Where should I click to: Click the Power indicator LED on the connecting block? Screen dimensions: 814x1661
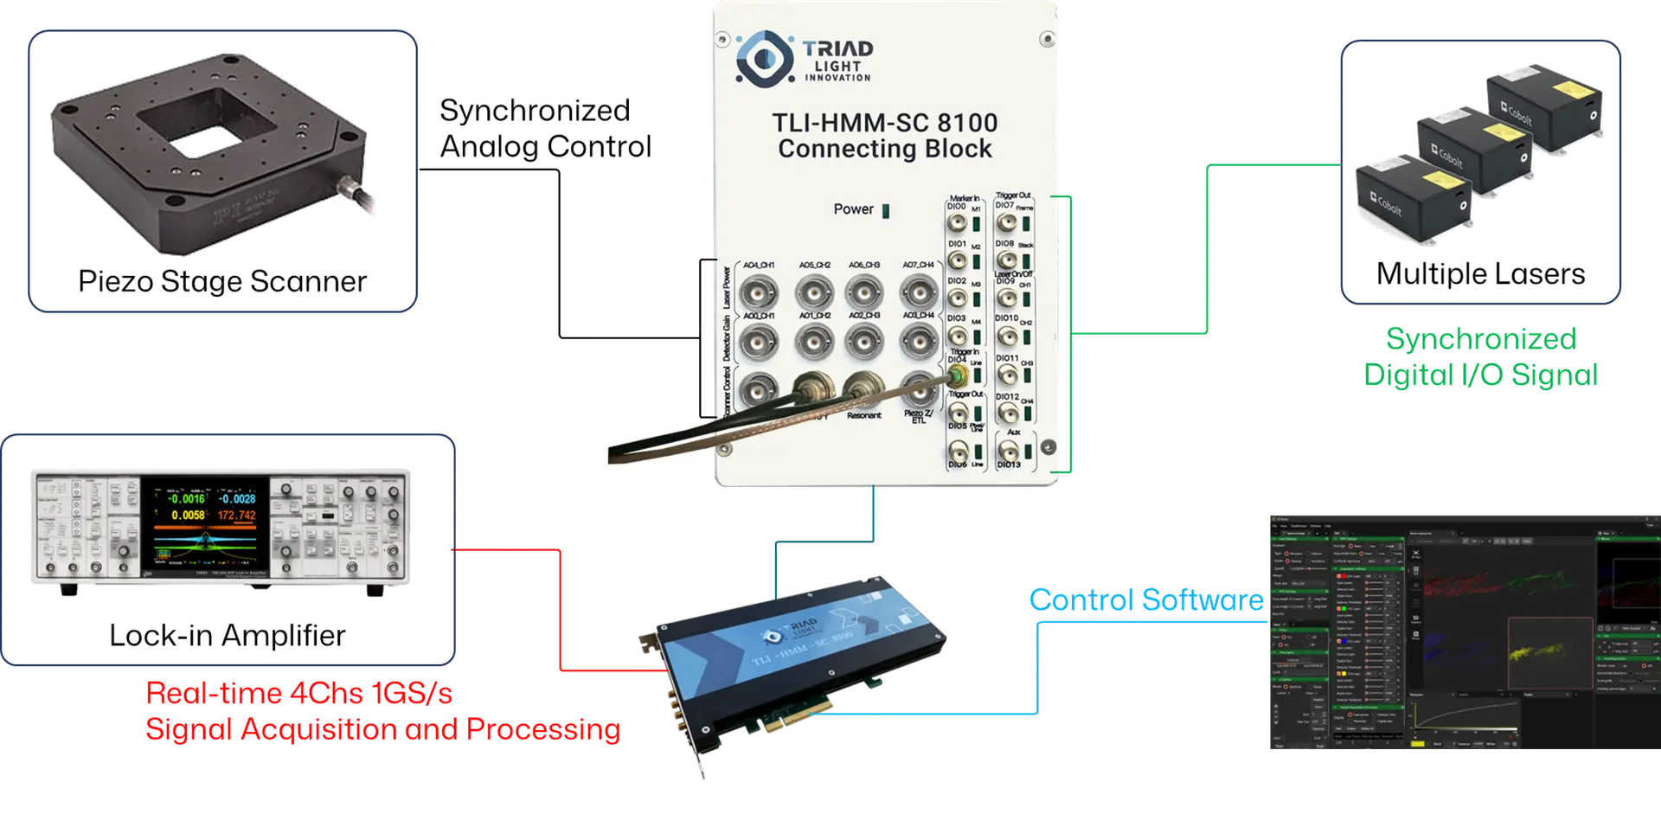click(885, 210)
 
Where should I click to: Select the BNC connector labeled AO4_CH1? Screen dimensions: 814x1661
click(758, 292)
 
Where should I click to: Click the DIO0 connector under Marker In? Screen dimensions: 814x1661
click(957, 222)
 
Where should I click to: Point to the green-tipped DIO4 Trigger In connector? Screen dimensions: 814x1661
click(957, 375)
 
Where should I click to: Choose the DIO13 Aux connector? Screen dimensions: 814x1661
click(1009, 450)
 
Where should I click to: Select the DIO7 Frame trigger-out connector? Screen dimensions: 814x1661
click(1006, 222)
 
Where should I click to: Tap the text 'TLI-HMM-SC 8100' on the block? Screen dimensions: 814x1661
click(884, 123)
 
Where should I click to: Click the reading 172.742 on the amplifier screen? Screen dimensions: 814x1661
click(236, 515)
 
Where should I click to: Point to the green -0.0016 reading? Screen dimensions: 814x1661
click(186, 498)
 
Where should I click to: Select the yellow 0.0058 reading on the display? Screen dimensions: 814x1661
click(188, 515)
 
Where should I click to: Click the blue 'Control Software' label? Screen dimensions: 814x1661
click(1145, 599)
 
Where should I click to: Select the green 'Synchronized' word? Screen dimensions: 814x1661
click(1480, 339)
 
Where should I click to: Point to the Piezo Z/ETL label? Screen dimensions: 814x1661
click(918, 416)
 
